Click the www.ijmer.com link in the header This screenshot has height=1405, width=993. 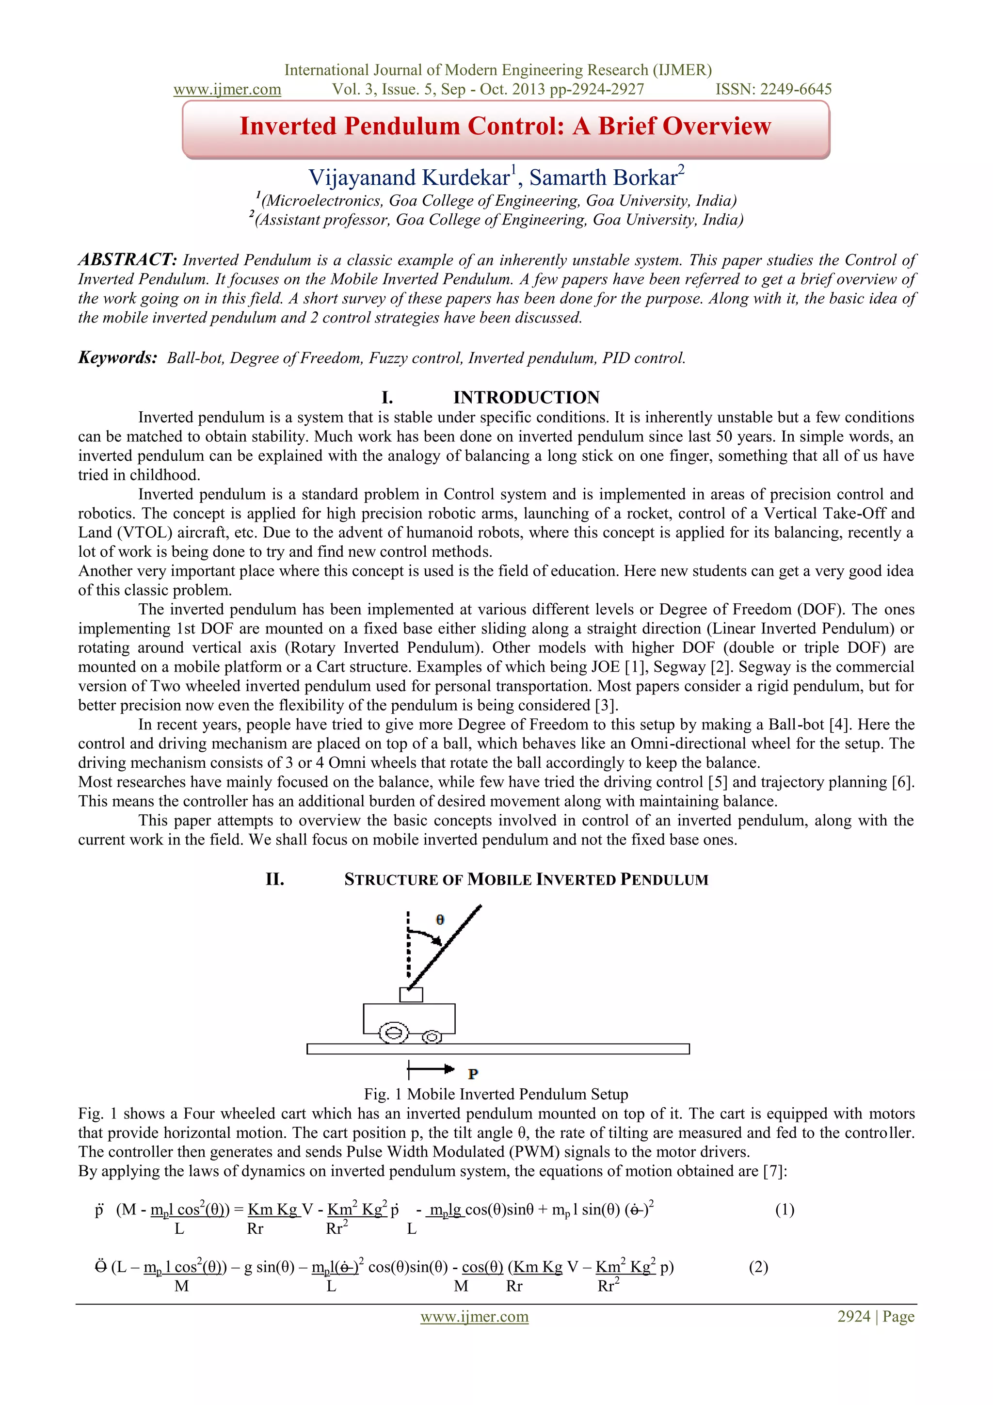click(227, 89)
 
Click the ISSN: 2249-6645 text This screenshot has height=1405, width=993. click(773, 89)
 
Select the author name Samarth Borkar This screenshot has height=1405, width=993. click(603, 178)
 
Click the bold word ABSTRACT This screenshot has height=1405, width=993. click(127, 259)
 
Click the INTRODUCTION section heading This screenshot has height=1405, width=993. click(526, 398)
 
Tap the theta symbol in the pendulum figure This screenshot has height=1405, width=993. click(440, 920)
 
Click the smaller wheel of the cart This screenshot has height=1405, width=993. click(432, 1036)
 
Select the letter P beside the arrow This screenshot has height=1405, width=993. click(473, 1074)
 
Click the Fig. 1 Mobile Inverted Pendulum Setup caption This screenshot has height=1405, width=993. click(496, 1094)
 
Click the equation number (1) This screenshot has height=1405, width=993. click(785, 1210)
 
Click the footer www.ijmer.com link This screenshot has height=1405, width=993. click(474, 1317)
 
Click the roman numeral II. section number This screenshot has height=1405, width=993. click(275, 879)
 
